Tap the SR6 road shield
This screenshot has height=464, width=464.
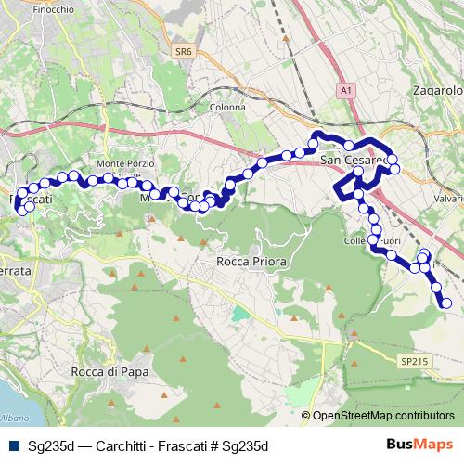click(x=184, y=55)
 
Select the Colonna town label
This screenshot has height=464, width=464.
click(x=227, y=107)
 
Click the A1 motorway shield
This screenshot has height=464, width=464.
click(x=346, y=90)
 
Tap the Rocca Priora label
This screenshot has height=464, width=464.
click(x=251, y=262)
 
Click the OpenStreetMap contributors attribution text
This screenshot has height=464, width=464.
click(x=382, y=417)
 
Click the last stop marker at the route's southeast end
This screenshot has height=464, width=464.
click(x=446, y=303)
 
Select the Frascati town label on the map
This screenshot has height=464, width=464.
click(x=30, y=200)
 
